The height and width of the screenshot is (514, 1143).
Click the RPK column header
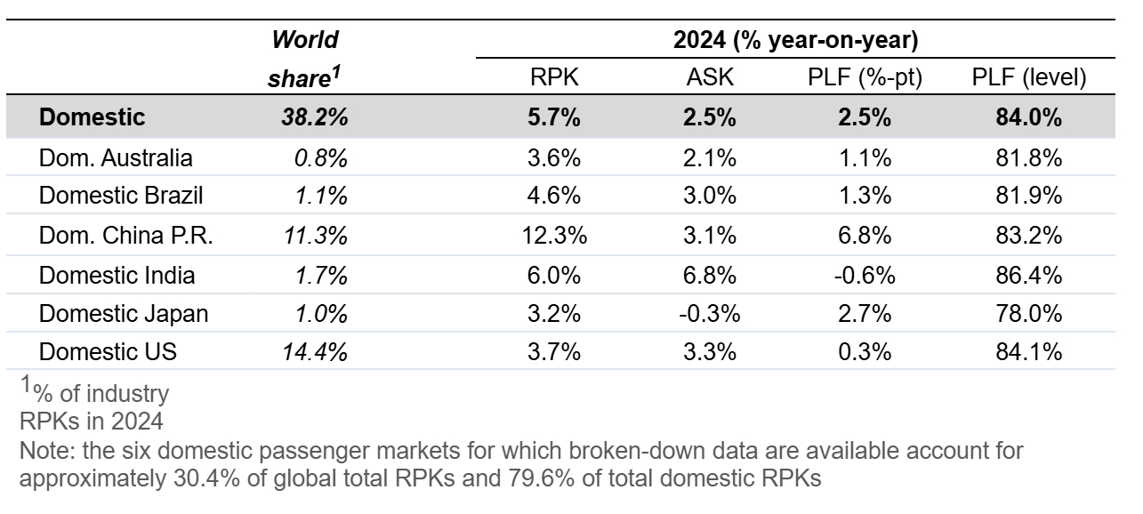554,77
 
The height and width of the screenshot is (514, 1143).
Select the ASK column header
710,77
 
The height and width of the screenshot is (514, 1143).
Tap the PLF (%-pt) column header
865,78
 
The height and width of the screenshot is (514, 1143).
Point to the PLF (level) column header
1028,78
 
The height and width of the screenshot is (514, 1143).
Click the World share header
305,59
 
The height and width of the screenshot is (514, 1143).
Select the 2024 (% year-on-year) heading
795,40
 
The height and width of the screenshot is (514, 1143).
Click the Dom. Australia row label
116,158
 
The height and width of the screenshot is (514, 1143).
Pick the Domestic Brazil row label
121,196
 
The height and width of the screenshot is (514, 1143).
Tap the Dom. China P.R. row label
125,236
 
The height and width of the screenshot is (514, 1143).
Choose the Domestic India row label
117,276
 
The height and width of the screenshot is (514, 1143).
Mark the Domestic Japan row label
124,314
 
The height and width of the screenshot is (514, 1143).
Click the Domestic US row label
108,352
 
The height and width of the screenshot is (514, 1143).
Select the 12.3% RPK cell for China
554,236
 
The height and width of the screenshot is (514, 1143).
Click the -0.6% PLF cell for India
865,276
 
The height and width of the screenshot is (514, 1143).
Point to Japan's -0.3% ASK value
709,314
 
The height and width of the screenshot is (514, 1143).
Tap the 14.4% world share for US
316,352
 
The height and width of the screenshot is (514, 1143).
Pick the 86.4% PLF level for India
1028,276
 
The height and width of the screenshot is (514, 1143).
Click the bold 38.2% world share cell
315,117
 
